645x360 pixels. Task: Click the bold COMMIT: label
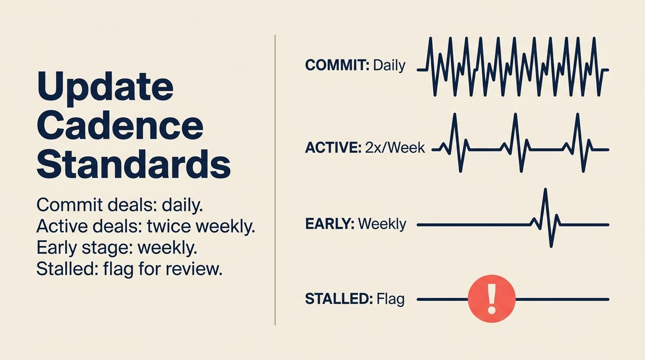click(x=337, y=65)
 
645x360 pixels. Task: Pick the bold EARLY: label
click(x=330, y=224)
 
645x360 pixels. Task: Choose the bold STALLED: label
click(x=338, y=299)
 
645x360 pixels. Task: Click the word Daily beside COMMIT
click(x=389, y=65)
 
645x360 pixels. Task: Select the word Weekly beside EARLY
click(x=382, y=224)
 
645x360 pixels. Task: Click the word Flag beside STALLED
click(x=390, y=299)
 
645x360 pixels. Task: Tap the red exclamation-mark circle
click(x=492, y=299)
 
